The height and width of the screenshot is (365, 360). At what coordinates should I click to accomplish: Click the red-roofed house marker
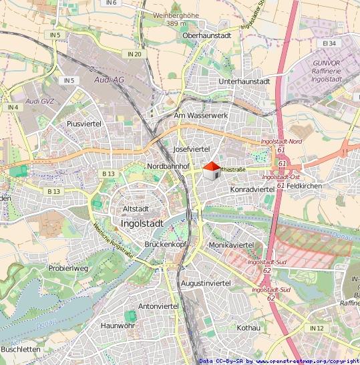(210, 170)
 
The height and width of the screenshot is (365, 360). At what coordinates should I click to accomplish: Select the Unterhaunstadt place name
(244, 82)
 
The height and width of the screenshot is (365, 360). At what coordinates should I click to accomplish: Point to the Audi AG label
(110, 78)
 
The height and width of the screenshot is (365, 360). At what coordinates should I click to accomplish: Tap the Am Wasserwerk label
(201, 116)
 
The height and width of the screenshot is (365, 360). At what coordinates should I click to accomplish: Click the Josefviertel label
(192, 148)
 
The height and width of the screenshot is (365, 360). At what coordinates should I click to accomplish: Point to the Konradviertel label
(252, 190)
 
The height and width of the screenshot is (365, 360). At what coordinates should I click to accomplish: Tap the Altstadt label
(136, 209)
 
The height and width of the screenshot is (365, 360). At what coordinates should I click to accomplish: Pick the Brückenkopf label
(164, 245)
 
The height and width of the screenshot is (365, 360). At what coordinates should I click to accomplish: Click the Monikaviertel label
(232, 245)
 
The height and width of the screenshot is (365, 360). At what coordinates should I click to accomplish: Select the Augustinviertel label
(206, 283)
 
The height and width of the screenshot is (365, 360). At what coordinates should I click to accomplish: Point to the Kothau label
(248, 328)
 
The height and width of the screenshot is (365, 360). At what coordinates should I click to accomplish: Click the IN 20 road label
(134, 53)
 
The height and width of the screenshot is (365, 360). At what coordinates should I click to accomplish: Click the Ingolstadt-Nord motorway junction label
(281, 142)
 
